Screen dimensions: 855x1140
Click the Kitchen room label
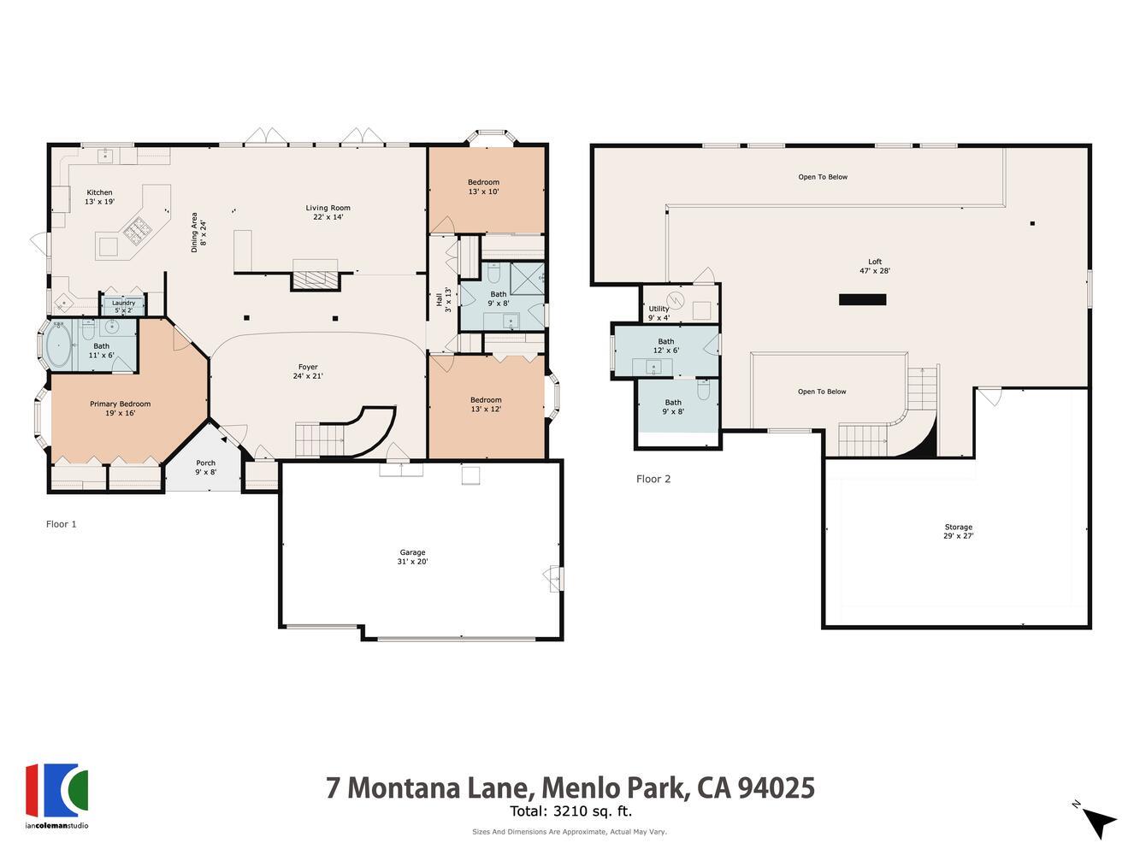pyautogui.click(x=99, y=198)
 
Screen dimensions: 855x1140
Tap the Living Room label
pyautogui.click(x=328, y=212)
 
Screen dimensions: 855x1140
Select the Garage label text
pyautogui.click(x=412, y=557)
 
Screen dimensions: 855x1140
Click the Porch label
pyautogui.click(x=205, y=468)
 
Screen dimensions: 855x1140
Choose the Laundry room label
pyautogui.click(x=123, y=306)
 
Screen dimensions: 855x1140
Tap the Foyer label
pyautogui.click(x=308, y=371)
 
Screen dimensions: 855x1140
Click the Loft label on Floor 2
pyautogui.click(x=875, y=266)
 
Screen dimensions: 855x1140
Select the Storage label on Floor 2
pyautogui.click(x=958, y=531)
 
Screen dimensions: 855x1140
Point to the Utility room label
pyautogui.click(x=659, y=313)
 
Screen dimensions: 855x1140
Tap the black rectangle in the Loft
pyautogui.click(x=862, y=299)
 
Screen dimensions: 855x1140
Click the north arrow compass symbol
pyautogui.click(x=1097, y=820)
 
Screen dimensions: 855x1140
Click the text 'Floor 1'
pyautogui.click(x=62, y=524)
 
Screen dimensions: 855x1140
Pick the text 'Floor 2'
pyautogui.click(x=653, y=479)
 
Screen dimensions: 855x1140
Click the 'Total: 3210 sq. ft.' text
pyautogui.click(x=570, y=811)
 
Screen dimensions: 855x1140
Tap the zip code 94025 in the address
pyautogui.click(x=778, y=787)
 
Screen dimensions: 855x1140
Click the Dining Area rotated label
pyautogui.click(x=199, y=232)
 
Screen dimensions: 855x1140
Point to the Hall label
pyautogui.click(x=443, y=299)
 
